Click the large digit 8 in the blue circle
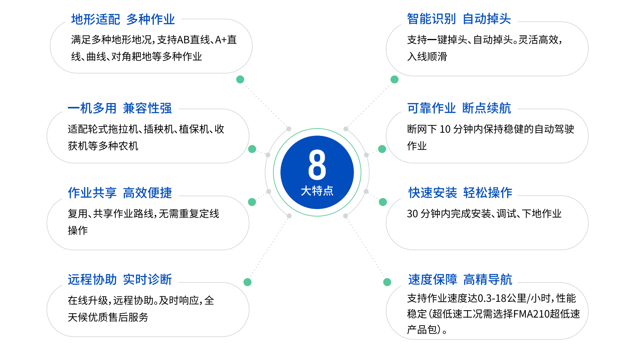coord(317,165)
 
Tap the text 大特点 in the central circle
coord(317,191)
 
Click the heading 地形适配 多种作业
coord(123,19)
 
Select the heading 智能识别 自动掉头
coord(459,19)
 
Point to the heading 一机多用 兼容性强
coord(120,108)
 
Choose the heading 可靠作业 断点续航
coord(459,108)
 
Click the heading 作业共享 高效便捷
coord(120,193)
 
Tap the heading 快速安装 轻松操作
coord(460,193)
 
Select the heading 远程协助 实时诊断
coord(120,279)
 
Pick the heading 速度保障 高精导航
coord(460,279)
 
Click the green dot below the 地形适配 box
coord(240,79)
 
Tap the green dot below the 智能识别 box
coord(394,79)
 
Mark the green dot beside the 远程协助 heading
coord(247,282)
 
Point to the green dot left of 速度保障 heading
coord(387,282)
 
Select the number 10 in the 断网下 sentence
coord(445,129)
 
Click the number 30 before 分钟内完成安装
coord(412,214)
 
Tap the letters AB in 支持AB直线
coord(183,40)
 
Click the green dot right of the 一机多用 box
coord(252,149)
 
